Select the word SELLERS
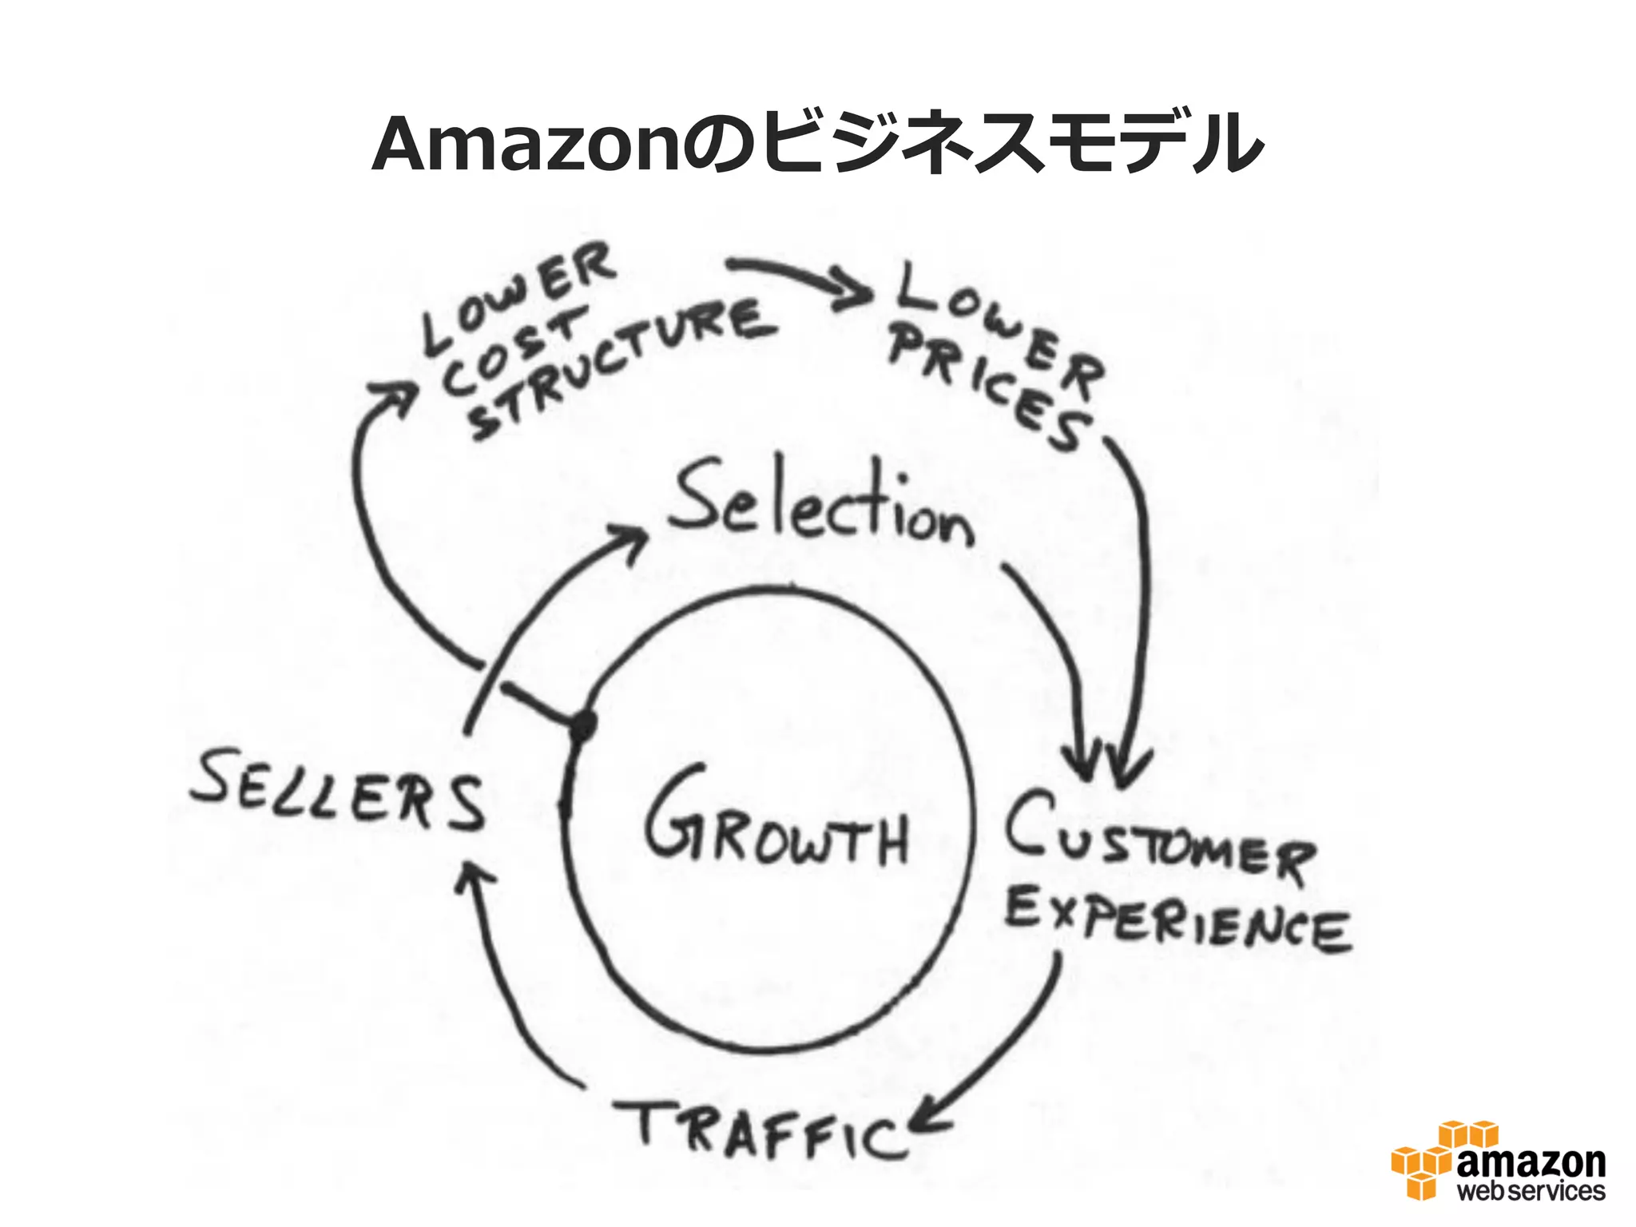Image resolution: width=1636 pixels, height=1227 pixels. (x=338, y=791)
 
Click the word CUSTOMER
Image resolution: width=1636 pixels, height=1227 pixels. (x=1158, y=839)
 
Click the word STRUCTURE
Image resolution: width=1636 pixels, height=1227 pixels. (x=623, y=367)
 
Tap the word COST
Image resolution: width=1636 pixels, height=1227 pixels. (x=511, y=351)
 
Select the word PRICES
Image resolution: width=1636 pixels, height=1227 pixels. (x=991, y=387)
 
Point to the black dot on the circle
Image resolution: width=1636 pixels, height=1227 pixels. (x=583, y=725)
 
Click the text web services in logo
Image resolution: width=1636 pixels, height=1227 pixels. (x=1531, y=1191)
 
